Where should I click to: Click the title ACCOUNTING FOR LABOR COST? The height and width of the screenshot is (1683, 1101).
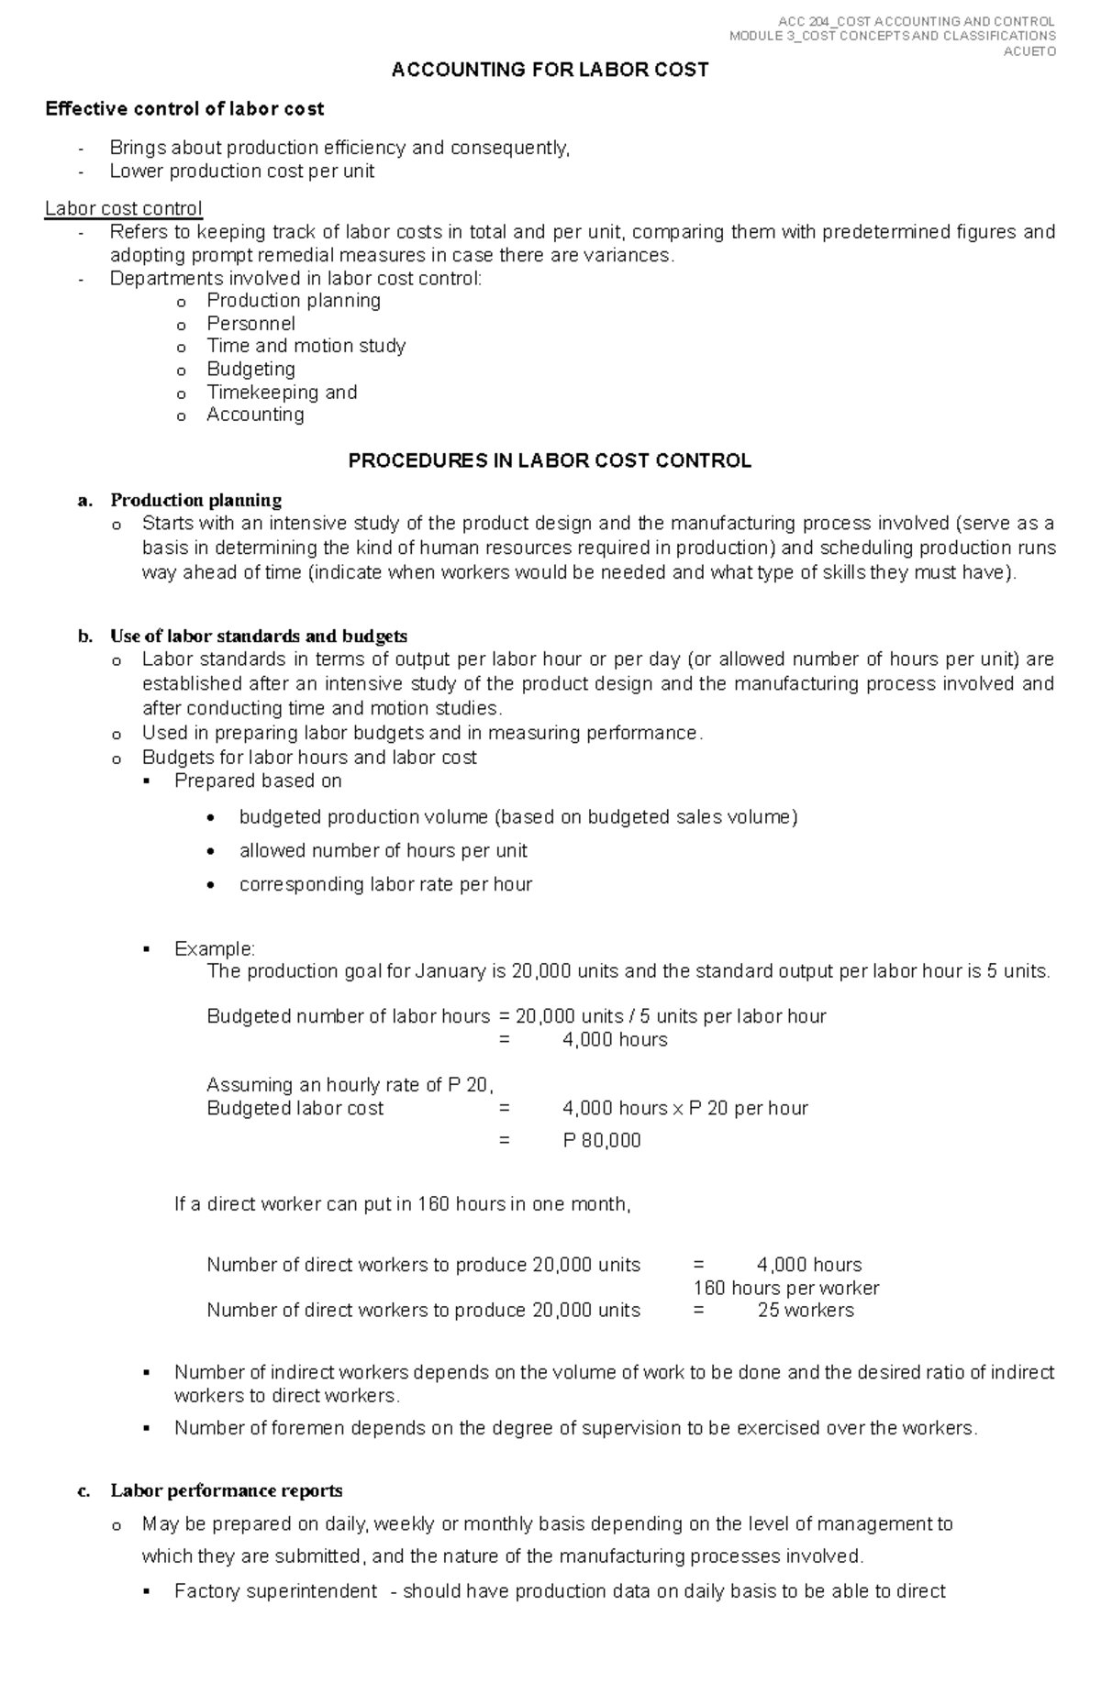[550, 70]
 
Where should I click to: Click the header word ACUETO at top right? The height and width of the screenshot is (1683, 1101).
[1029, 51]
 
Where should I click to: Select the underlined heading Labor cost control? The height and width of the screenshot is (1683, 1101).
[124, 208]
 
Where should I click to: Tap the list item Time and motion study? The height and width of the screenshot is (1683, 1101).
[306, 346]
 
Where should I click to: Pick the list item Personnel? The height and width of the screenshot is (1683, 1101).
[250, 323]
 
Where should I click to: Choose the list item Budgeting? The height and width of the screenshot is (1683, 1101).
[250, 369]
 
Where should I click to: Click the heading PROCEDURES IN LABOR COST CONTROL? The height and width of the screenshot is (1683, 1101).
[550, 460]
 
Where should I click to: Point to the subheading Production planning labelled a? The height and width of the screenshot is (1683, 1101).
[195, 500]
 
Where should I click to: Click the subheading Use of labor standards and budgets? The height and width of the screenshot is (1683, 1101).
[259, 636]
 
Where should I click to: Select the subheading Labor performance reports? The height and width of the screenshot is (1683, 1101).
[227, 1490]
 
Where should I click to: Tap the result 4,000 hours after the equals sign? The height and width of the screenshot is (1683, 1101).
[615, 1039]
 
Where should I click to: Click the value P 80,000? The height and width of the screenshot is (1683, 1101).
[602, 1140]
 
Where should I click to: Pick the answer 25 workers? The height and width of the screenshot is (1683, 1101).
[806, 1310]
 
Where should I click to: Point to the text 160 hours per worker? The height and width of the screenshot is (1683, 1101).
[786, 1288]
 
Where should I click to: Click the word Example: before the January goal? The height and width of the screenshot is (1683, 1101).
[215, 948]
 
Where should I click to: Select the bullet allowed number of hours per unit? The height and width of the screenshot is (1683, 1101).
[383, 850]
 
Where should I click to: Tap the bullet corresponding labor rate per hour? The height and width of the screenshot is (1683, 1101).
[385, 884]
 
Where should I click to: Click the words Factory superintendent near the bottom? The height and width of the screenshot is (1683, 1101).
[275, 1591]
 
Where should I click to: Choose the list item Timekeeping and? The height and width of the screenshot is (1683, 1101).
[282, 392]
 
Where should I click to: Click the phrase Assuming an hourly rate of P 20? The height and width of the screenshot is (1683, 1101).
[350, 1085]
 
